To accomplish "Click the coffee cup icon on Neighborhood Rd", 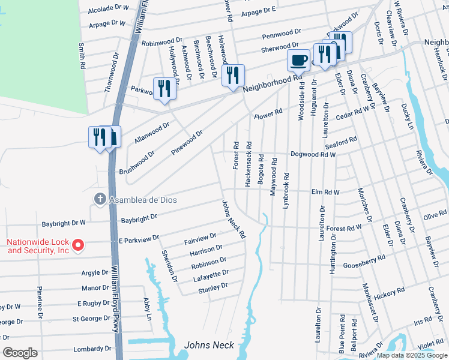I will coord(299,61).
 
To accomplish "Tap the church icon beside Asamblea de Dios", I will coord(101,199).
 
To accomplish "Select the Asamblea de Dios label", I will coord(143,199).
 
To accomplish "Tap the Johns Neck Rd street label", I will coord(234,220).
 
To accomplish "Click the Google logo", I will coord(20,353).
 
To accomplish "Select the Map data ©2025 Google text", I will coord(412,355).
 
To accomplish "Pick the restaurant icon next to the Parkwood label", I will coord(164,88).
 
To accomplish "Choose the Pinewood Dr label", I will coord(187,142).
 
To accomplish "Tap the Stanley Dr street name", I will coord(213,289).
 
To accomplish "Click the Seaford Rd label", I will coord(341,145).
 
